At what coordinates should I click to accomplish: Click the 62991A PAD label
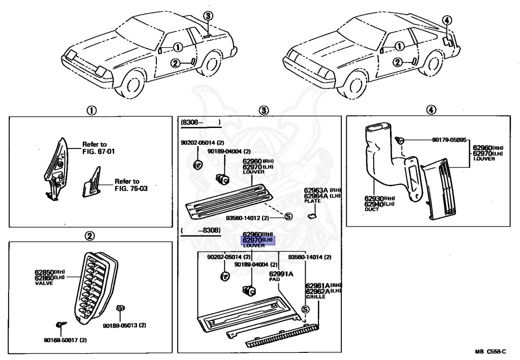click(281, 275)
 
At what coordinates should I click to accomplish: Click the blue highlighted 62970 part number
click(258, 240)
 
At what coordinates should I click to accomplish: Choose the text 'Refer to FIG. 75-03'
click(127, 184)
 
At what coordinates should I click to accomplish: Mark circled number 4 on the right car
click(446, 20)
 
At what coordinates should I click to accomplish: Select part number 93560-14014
click(309, 257)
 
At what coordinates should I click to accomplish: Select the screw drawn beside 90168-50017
click(60, 324)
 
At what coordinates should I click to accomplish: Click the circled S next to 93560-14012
click(288, 216)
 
